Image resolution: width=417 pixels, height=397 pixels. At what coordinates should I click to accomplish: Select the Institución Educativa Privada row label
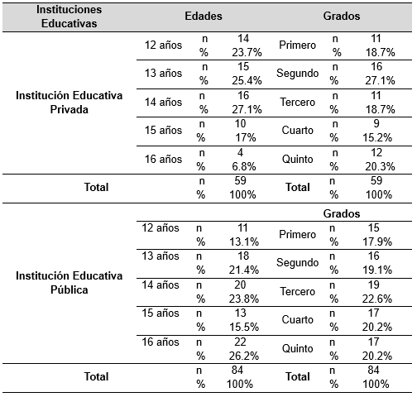click(x=69, y=103)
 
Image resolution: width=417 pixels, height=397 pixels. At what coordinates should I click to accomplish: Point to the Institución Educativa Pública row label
click(x=69, y=283)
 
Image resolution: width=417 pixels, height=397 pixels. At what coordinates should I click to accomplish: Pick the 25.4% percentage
click(x=242, y=80)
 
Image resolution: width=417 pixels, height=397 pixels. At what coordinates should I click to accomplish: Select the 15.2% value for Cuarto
click(x=373, y=138)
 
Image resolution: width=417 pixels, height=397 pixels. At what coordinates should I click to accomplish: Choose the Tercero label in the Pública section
click(x=299, y=293)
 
